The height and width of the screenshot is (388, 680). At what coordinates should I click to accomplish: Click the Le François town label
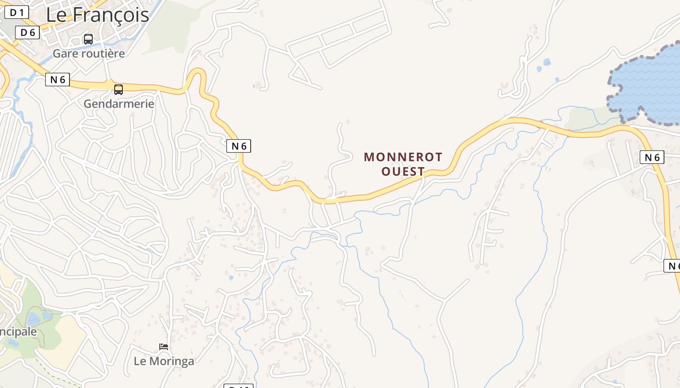coord(97,15)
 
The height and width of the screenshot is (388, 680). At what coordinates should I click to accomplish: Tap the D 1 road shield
coord(17,13)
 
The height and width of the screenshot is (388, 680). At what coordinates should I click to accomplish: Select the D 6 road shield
coord(27,32)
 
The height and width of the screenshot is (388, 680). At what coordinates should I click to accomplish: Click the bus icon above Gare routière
coord(88,39)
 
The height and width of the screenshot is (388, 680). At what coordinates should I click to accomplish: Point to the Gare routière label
coord(89,53)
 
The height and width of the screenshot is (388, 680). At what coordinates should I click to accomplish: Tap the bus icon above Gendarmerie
coord(119,90)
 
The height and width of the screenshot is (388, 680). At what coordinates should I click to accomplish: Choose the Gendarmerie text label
coord(119,104)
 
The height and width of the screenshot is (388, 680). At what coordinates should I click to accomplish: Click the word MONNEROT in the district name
coord(403,157)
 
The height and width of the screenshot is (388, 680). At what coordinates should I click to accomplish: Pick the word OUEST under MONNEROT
coord(403,171)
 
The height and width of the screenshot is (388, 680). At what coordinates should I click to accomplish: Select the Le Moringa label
coord(164,361)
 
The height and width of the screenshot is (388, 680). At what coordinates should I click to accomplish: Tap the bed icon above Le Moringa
coord(164,347)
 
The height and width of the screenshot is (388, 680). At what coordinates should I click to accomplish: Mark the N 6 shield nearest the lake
coord(652,157)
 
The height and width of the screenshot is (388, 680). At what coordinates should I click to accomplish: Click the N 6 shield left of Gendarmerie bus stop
coord(58,80)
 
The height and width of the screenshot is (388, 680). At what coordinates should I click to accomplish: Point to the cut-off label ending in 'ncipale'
coord(18,332)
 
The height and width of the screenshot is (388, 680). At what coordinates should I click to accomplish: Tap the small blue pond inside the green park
coord(34,318)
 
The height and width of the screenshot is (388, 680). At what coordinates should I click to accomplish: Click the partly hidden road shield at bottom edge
coord(238,386)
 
